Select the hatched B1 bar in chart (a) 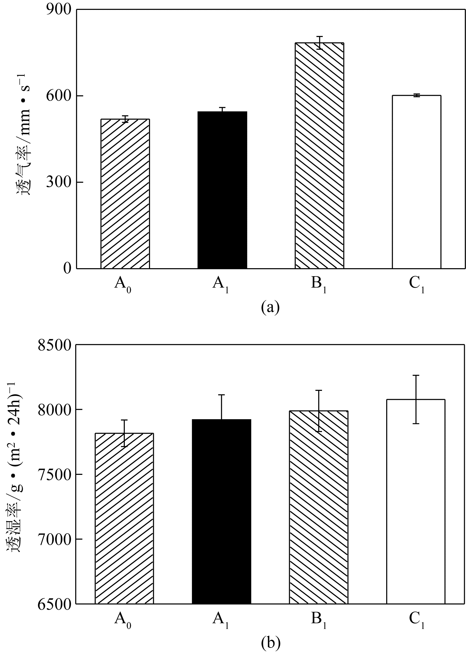click(319, 155)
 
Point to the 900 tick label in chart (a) click(59, 10)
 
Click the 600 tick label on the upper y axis click(59, 96)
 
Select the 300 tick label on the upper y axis click(59, 182)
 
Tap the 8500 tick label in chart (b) click(55, 345)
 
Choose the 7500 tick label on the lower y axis click(55, 474)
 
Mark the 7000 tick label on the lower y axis click(55, 539)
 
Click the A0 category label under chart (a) click(123, 284)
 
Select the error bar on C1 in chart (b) click(416, 399)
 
